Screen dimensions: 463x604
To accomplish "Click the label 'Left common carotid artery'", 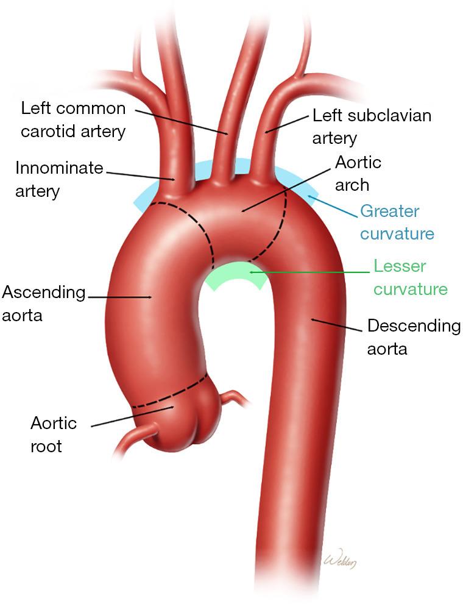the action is [x=73, y=119].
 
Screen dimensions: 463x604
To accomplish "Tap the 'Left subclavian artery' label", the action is [x=372, y=126].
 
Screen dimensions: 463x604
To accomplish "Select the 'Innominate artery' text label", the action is [x=59, y=179].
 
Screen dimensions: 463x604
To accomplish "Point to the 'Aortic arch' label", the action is [x=358, y=174].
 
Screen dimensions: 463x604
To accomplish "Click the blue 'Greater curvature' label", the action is [x=397, y=222].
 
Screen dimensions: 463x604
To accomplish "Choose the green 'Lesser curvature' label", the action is [x=410, y=277].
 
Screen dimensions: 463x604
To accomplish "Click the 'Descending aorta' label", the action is [x=414, y=336].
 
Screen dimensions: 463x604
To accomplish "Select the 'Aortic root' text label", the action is [x=54, y=434].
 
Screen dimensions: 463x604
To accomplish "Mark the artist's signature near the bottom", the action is [x=339, y=560].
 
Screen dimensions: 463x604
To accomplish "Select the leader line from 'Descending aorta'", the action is [x=338, y=324].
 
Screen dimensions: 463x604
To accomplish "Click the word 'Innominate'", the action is [x=59, y=168].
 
